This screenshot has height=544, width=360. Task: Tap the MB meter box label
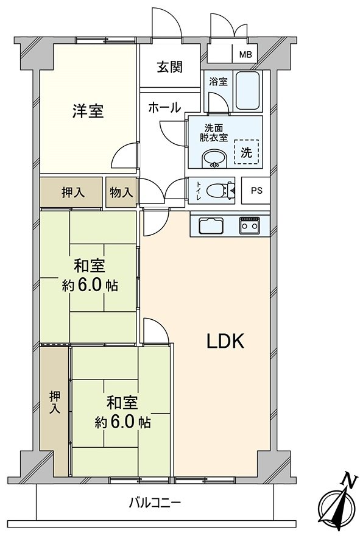point(245,55)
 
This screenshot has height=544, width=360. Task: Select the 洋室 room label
point(88,111)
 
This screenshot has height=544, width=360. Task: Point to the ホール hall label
point(164,108)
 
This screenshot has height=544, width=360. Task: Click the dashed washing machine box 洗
point(246,152)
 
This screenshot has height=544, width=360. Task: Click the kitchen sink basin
point(210,227)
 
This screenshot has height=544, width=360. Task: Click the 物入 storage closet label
point(121,193)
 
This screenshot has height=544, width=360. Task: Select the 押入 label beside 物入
point(72,193)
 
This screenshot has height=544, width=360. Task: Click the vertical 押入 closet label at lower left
point(55,403)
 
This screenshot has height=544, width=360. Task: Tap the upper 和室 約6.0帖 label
point(90,276)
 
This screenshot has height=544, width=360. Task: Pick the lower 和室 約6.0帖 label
point(122,412)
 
